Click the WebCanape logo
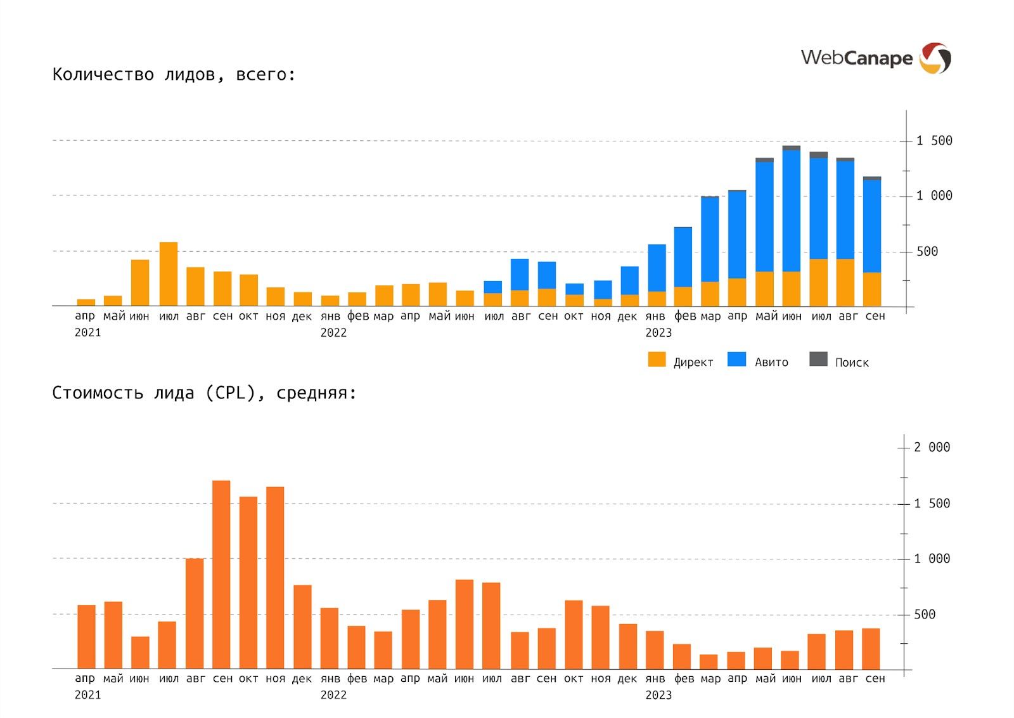(x=875, y=58)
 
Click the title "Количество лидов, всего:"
(x=174, y=74)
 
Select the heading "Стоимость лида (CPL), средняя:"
(x=204, y=393)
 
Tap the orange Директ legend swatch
(x=657, y=360)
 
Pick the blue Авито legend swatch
(x=736, y=360)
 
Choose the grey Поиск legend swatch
(x=818, y=360)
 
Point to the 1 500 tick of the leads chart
(x=934, y=141)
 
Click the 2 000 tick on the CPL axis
(x=932, y=447)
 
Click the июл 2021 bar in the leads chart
(x=169, y=274)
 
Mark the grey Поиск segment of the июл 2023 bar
(x=818, y=155)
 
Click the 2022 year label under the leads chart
(x=333, y=332)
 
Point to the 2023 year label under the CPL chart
(x=658, y=695)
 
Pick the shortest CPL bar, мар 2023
(x=709, y=662)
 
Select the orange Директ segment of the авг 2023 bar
(x=845, y=282)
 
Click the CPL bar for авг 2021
(x=195, y=613)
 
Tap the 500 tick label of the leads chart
(x=927, y=252)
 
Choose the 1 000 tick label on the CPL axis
(x=932, y=559)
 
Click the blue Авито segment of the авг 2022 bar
(x=520, y=274)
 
